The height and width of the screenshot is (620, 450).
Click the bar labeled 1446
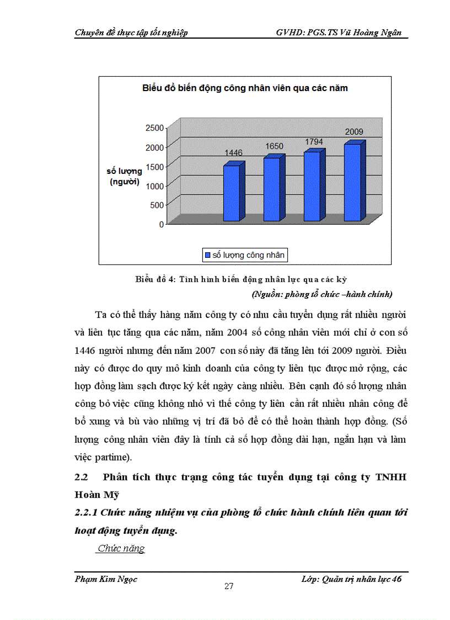point(232,193)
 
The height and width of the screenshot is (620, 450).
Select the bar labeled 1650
point(271,189)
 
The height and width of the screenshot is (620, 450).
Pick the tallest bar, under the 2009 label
point(352,182)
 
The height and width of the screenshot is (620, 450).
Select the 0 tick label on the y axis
point(162,224)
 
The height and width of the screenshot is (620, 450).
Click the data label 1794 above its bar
point(314,142)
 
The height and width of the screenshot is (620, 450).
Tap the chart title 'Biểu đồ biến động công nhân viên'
point(245,88)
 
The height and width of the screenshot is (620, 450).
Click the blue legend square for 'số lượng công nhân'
point(208,255)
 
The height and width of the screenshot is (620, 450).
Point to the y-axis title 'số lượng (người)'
point(124,176)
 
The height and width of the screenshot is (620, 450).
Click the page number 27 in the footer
point(229,586)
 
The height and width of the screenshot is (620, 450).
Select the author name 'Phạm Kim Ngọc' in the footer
point(106,579)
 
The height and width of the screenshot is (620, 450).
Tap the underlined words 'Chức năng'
point(121,548)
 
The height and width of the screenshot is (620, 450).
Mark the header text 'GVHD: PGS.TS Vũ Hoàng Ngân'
point(342,33)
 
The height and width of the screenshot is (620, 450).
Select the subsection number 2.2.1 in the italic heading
point(87,513)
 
